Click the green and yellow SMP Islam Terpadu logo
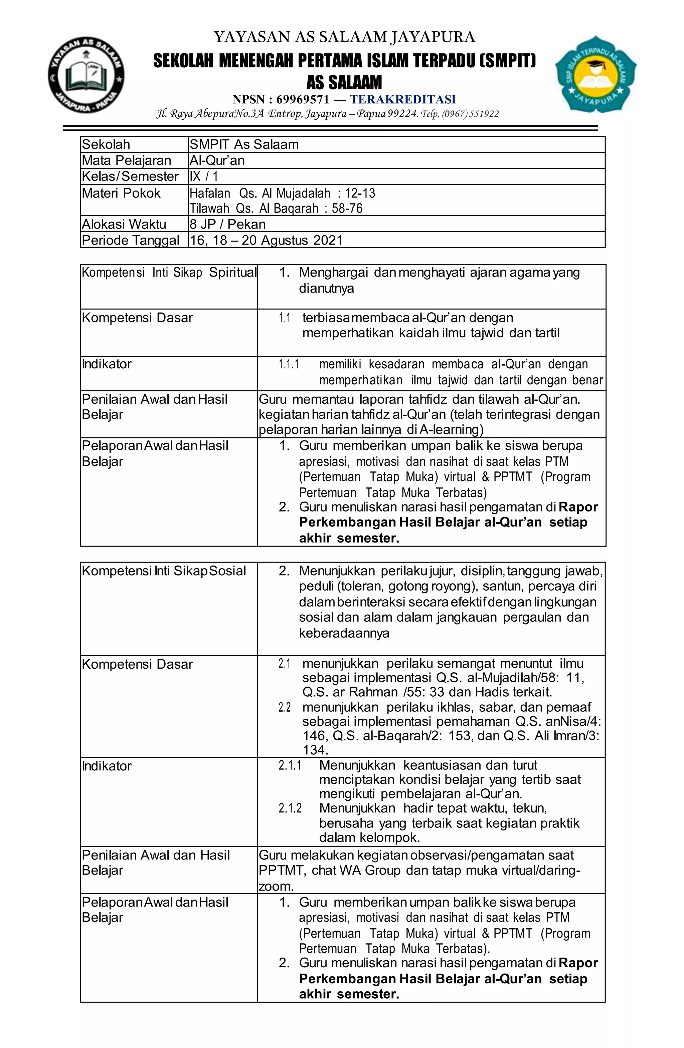[x=596, y=74]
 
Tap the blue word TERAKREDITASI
[x=403, y=99]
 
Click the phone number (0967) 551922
[x=471, y=114]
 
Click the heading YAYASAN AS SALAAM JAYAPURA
[x=344, y=37]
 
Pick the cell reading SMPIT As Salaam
[x=244, y=144]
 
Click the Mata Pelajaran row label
[x=127, y=160]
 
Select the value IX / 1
[x=204, y=177]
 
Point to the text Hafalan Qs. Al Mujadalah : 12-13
[x=282, y=193]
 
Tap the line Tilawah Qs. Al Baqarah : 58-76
[x=276, y=208]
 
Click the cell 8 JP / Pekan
[x=227, y=224]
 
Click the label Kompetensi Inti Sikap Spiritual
[x=169, y=273]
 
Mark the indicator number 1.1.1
[x=289, y=364]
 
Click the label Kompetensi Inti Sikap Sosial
[x=164, y=571]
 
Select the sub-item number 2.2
[x=284, y=707]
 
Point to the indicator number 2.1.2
[x=290, y=808]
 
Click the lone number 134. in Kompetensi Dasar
[x=315, y=750]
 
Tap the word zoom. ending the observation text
[x=276, y=886]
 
